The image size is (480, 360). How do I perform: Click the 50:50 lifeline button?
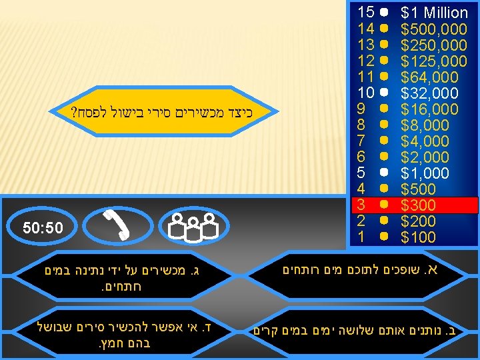coord(43,228)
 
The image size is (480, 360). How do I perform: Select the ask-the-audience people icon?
coord(191,226)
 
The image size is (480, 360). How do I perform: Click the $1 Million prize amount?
coord(434,13)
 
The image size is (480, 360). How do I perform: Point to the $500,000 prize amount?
coord(433,29)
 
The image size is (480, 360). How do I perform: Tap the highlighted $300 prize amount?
coord(418,205)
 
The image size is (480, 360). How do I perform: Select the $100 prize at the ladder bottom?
coord(418,237)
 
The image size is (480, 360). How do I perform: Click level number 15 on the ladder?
coord(365,12)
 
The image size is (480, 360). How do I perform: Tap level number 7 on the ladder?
coord(361,141)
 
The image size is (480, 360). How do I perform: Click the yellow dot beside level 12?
coord(384,61)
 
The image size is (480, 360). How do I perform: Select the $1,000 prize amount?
coord(425,173)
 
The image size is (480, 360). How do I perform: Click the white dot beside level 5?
coord(384,173)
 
